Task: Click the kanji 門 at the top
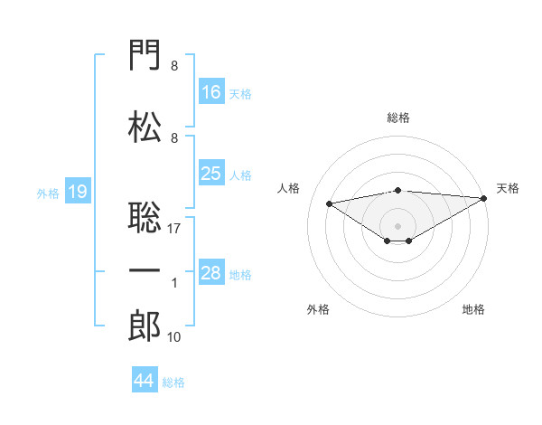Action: point(145,54)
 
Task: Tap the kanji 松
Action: point(145,127)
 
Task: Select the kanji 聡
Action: point(145,217)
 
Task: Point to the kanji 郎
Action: point(145,326)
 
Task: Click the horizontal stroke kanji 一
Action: point(145,270)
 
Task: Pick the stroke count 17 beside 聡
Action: point(173,229)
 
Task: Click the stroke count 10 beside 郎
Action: point(173,336)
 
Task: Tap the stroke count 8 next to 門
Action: point(174,66)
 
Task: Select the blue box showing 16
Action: point(211,91)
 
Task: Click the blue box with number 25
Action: point(211,173)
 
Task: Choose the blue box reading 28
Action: point(211,271)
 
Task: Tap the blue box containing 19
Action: point(78,191)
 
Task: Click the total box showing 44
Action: point(145,379)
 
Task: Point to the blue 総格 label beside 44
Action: point(173,382)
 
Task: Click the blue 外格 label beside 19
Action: point(48,194)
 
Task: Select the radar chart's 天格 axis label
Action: point(508,188)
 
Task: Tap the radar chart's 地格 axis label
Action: point(473,309)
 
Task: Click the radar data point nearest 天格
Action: point(484,198)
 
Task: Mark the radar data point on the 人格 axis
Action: point(329,203)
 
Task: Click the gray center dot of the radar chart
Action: point(397,226)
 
